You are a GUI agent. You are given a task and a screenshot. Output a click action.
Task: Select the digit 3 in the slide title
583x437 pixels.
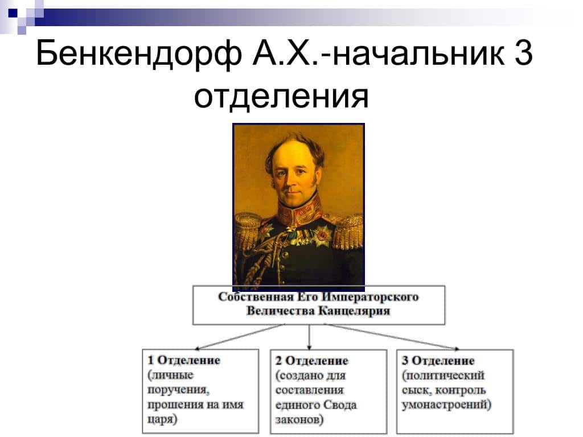tap(522, 55)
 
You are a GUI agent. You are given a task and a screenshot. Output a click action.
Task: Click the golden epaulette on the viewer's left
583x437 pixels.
tap(248, 230)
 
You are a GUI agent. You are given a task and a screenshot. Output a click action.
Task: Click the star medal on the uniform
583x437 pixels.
tap(324, 235)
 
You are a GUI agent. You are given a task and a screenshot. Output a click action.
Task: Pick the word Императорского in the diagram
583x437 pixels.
tap(369, 297)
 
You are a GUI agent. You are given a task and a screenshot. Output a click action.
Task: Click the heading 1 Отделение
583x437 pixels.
tap(183, 360)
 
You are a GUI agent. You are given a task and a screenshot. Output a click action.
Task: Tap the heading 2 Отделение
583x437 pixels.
tap(311, 361)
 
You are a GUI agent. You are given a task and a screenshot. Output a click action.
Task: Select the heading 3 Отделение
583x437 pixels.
tap(438, 361)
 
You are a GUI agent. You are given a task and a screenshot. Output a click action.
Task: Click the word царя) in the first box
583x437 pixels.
tap(162, 419)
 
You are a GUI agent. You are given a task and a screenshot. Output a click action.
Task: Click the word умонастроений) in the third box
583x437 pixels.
tap(446, 405)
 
